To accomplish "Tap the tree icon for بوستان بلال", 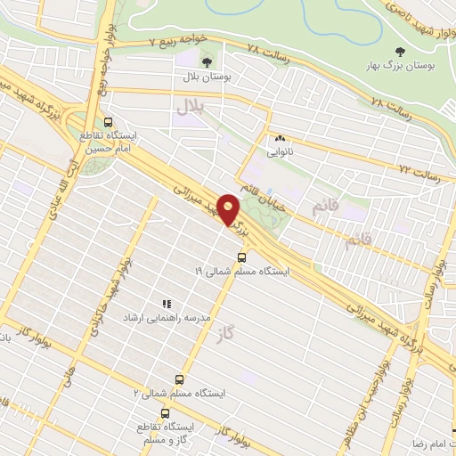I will (207, 61).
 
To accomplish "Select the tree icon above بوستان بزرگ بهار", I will (398, 51).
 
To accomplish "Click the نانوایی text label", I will (281, 152).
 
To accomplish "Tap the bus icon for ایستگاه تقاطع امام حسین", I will (109, 123).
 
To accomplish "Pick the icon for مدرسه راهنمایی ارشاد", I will (165, 304).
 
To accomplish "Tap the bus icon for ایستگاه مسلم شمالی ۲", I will (180, 379).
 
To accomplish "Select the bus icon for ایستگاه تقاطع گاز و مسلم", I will (165, 412).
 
